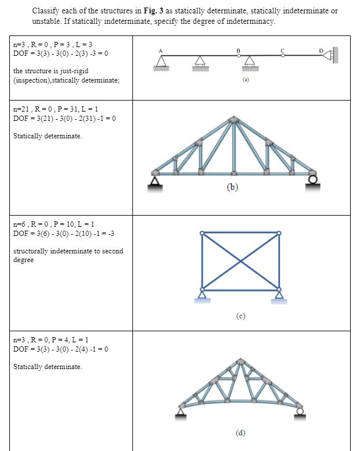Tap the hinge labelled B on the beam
pos(238,56)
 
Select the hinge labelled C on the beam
pos(283,56)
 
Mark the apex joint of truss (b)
pos(234,120)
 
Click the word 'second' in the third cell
pos(110,251)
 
